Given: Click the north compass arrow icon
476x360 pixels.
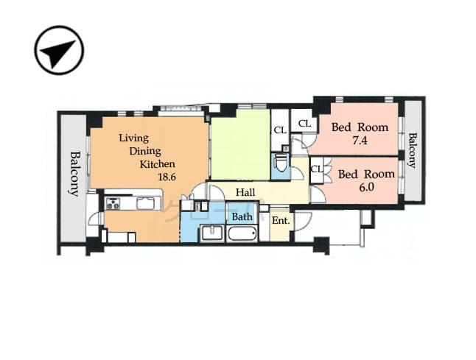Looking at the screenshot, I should tap(59, 50).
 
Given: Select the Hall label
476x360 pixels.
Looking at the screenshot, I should tap(245, 192).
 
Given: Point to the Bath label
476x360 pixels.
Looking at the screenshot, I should tap(242, 216).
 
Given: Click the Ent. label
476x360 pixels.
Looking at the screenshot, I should tap(280, 220).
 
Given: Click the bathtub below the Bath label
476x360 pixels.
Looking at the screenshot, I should tap(242, 234).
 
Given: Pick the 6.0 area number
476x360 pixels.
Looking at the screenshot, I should tap(367, 187).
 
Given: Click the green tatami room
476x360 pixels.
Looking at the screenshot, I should tap(239, 144).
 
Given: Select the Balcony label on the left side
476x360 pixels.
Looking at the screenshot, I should tap(74, 174).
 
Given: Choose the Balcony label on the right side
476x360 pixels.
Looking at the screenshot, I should tap(413, 150).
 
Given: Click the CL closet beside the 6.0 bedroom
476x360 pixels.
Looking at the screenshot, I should tap(317, 169).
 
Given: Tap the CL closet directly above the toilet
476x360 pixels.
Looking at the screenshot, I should tap(280, 130).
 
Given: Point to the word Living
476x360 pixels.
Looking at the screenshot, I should tap(133, 138).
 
